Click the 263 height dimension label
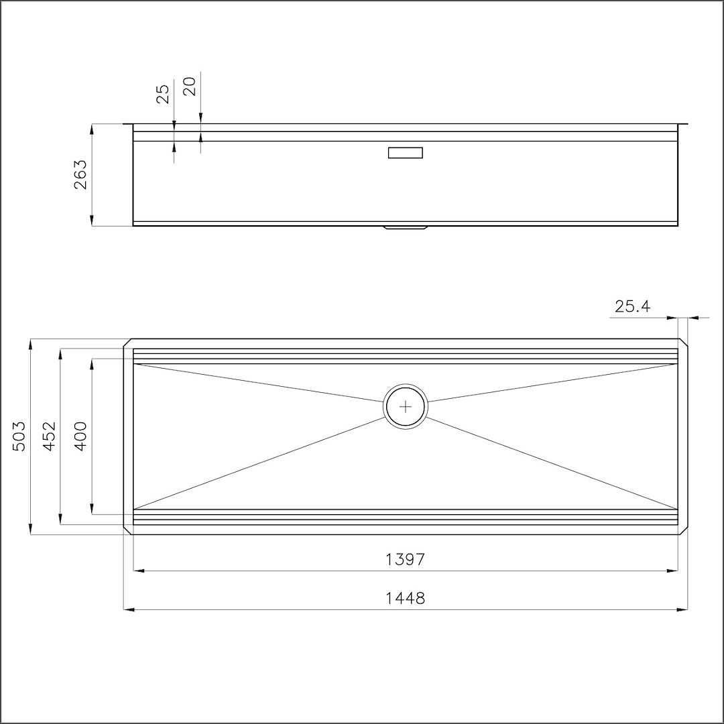click(x=80, y=174)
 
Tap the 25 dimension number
click(x=164, y=94)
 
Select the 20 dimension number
click(x=190, y=86)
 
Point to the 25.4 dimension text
click(x=632, y=306)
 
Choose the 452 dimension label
click(x=49, y=436)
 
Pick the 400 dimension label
click(x=80, y=436)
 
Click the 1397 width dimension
click(x=405, y=560)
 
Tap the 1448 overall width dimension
click(x=405, y=599)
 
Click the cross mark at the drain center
click(x=406, y=407)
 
